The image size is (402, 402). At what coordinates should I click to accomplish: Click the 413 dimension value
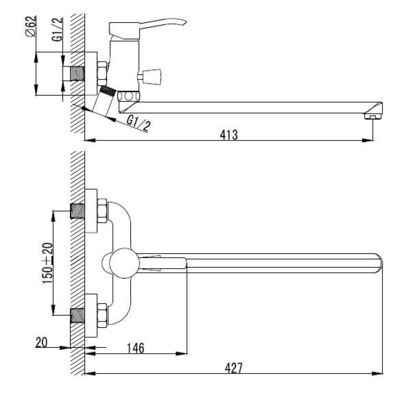tap(229, 135)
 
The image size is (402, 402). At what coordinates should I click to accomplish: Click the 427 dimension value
tap(233, 368)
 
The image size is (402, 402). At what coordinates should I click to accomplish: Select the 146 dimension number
tap(135, 348)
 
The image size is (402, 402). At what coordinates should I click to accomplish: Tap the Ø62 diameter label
tap(31, 27)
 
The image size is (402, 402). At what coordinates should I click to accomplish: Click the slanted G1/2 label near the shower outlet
tap(139, 123)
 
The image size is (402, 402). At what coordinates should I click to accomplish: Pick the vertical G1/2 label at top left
tap(57, 29)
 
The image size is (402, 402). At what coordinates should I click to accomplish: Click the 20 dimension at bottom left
tap(41, 343)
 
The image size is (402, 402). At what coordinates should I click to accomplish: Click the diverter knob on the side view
tap(150, 76)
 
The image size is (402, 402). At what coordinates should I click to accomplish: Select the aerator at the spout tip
tap(373, 117)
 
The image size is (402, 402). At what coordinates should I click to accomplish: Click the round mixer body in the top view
tap(124, 263)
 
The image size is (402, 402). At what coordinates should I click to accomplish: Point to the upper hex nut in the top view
tap(102, 211)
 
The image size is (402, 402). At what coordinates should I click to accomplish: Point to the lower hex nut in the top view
tap(102, 315)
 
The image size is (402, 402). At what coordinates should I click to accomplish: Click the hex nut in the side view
tap(102, 73)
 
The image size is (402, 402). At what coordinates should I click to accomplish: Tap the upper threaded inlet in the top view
tap(78, 211)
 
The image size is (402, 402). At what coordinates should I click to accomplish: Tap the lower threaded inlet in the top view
tap(78, 316)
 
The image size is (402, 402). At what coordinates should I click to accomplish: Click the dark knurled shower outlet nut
tap(107, 91)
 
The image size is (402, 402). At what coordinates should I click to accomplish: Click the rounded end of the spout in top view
tap(379, 263)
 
